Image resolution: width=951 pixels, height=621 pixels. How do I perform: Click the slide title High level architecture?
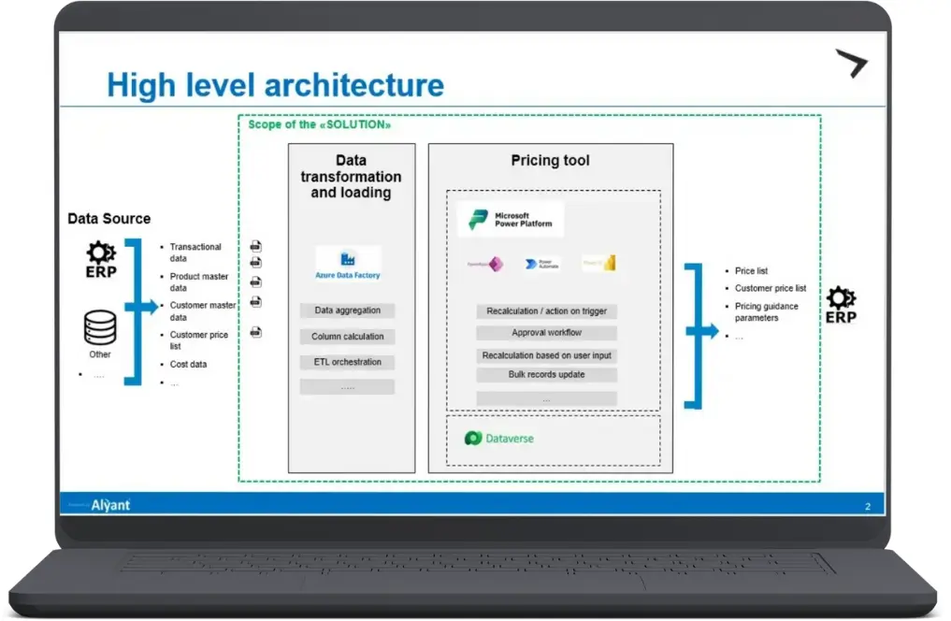coord(275,85)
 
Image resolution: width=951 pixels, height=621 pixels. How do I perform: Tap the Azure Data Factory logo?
coord(348,263)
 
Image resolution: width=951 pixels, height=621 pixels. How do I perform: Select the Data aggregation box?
coord(347,310)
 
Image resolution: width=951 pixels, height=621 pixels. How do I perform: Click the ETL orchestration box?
coord(347,362)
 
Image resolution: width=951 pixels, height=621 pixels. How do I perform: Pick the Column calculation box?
coord(347,337)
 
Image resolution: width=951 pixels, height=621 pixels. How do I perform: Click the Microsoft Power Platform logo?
coord(511,220)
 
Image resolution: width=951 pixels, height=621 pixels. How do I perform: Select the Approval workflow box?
coord(546,333)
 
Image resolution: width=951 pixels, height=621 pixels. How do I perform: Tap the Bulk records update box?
coord(546,375)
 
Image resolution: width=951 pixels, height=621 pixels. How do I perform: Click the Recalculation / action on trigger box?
coord(546,311)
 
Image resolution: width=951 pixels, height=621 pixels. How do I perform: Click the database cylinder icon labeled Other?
coord(100,328)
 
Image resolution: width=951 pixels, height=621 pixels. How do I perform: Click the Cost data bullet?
coord(188,365)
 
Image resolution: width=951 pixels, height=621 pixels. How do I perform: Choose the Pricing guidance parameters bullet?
coord(766,312)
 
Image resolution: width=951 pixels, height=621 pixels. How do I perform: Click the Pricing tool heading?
coord(550,161)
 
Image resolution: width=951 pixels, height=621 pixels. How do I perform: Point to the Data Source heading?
coord(108,219)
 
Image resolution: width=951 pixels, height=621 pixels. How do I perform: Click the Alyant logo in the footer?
coord(110,506)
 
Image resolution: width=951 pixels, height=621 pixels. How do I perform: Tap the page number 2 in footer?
coord(867,507)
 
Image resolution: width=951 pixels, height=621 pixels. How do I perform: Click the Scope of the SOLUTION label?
coord(319,124)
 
